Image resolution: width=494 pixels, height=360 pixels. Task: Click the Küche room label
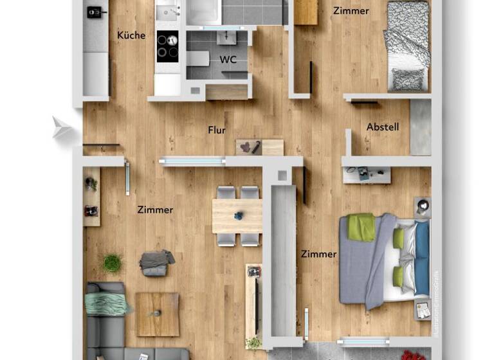[131, 35]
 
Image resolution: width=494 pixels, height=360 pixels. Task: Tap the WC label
[228, 60]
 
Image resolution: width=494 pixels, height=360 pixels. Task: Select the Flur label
[217, 130]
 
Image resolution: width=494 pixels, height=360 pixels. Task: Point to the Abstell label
[383, 127]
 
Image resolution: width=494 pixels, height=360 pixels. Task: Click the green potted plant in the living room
[113, 262]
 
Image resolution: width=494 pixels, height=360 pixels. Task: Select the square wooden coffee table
[157, 314]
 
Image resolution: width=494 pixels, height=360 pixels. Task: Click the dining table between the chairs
[237, 216]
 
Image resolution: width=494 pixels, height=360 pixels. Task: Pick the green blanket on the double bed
[361, 228]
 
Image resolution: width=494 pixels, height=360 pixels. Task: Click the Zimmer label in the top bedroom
[351, 10]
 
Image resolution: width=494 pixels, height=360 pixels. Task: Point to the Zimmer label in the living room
[155, 210]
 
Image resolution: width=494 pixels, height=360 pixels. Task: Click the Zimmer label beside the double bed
[319, 254]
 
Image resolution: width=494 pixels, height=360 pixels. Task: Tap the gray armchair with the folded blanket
[156, 262]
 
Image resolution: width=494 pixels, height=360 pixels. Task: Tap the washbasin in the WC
[226, 37]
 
